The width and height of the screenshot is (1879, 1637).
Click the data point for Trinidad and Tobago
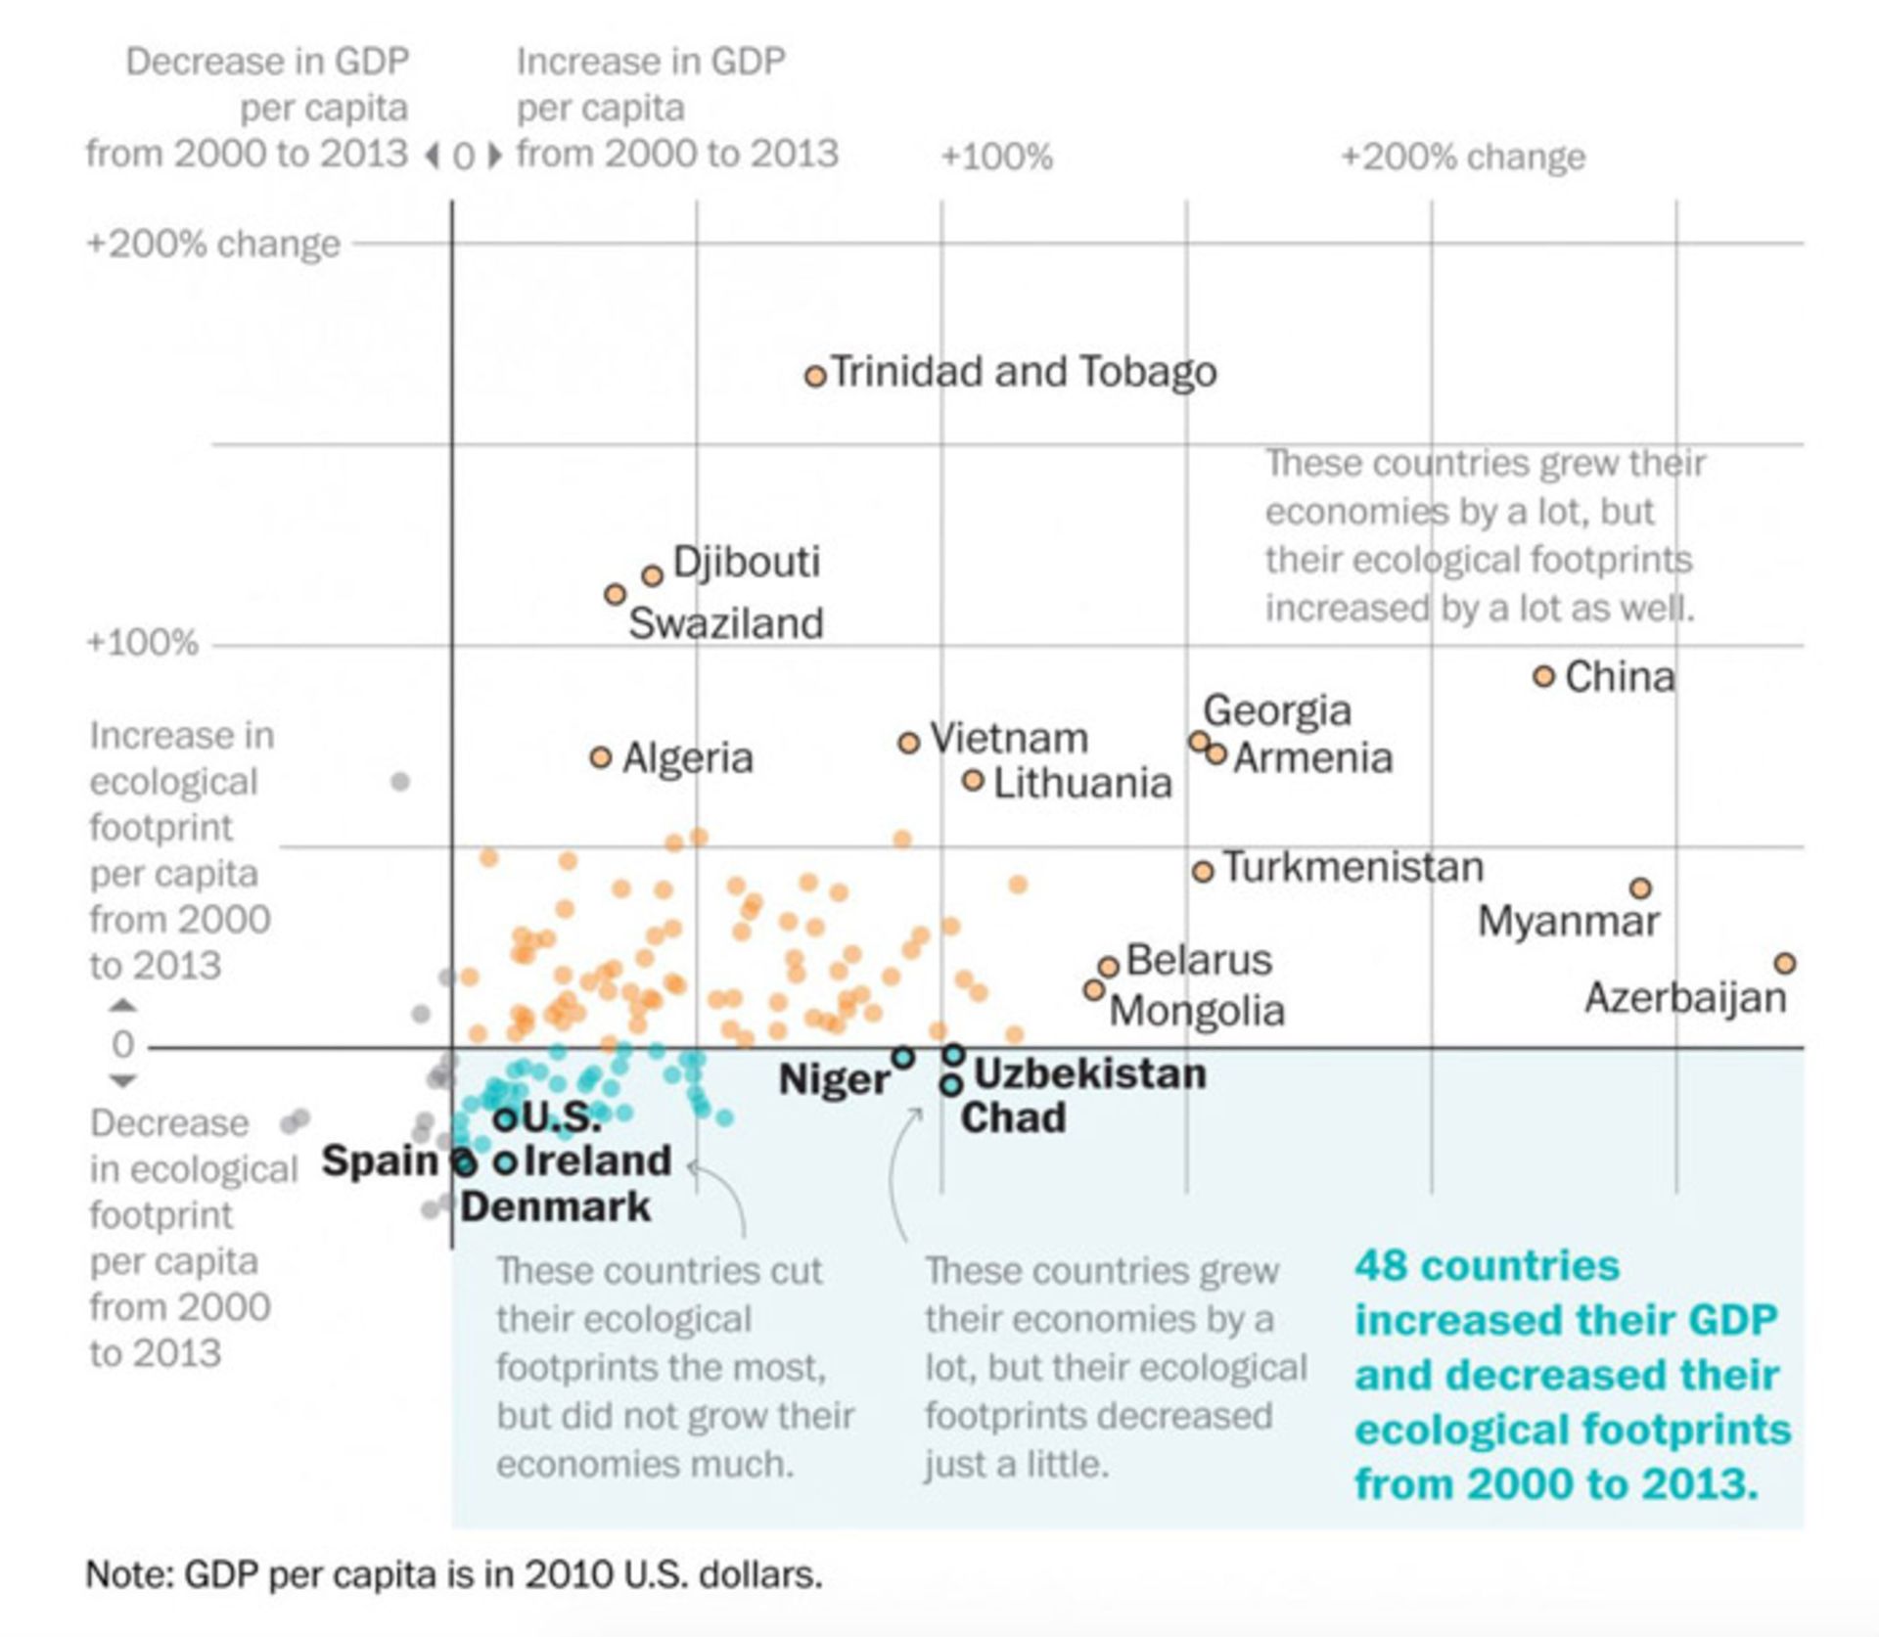[815, 376]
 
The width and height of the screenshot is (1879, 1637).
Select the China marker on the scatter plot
[1543, 676]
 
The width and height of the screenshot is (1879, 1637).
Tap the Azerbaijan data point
[1784, 963]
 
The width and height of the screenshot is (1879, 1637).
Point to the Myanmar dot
[1640, 888]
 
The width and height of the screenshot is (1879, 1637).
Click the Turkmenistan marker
[1203, 871]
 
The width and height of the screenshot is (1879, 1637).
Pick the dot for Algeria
[601, 757]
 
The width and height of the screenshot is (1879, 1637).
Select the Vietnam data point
[908, 743]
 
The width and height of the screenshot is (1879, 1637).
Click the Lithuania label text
[1082, 783]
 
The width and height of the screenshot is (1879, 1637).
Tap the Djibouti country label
[746, 562]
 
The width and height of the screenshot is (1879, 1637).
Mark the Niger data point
[902, 1058]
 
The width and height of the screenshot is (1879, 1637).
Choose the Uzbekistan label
[1089, 1073]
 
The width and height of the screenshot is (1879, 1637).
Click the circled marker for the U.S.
[505, 1119]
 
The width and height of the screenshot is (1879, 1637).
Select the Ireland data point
[505, 1162]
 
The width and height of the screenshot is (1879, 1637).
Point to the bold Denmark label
[555, 1205]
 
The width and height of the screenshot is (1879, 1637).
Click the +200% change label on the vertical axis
[213, 243]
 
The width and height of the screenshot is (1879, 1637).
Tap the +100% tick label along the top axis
[996, 157]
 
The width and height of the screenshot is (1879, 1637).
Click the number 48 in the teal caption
[1380, 1265]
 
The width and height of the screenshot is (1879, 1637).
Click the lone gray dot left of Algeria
[399, 781]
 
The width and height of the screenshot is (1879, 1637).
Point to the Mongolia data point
[1094, 990]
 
